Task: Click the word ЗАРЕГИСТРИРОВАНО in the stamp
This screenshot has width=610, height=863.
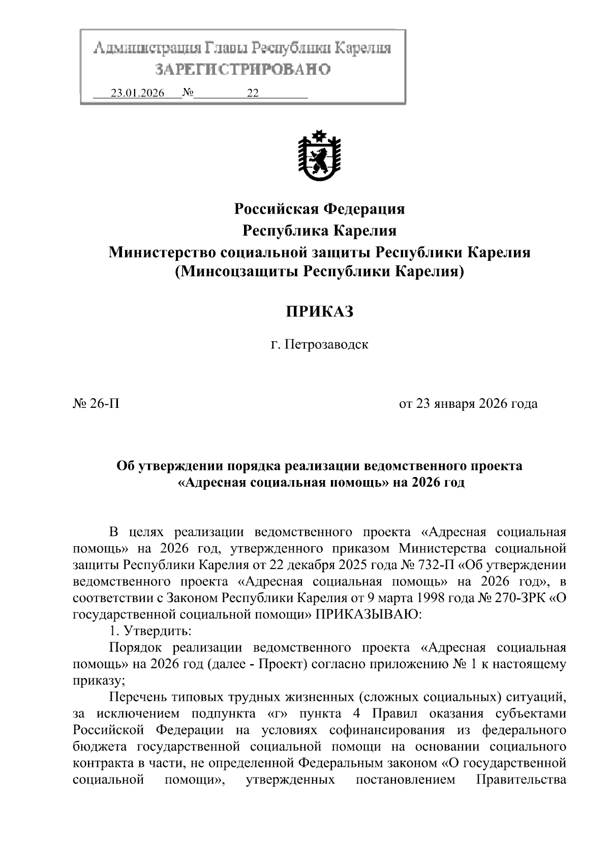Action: tap(243, 69)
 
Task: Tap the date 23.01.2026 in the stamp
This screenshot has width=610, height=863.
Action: tap(138, 94)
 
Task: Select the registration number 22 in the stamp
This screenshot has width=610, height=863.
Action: tap(253, 94)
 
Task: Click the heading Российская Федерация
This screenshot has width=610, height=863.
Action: tap(319, 209)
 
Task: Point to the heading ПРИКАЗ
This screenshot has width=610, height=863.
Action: tap(319, 311)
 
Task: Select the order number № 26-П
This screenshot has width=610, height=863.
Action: tap(96, 404)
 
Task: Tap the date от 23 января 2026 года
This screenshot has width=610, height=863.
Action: tap(468, 404)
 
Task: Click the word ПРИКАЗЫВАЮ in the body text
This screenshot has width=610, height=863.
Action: tap(368, 614)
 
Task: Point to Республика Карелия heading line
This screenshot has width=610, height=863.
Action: tap(319, 230)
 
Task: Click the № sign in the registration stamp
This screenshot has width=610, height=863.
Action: tap(188, 94)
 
